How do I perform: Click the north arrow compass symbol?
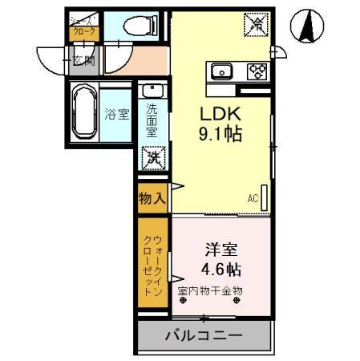pyautogui.click(x=306, y=26)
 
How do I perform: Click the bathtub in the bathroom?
pyautogui.click(x=85, y=112)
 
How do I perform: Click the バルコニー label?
pyautogui.click(x=203, y=334)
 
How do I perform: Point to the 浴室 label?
pyautogui.click(x=117, y=113)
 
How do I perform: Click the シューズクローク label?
pyautogui.click(x=83, y=27)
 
